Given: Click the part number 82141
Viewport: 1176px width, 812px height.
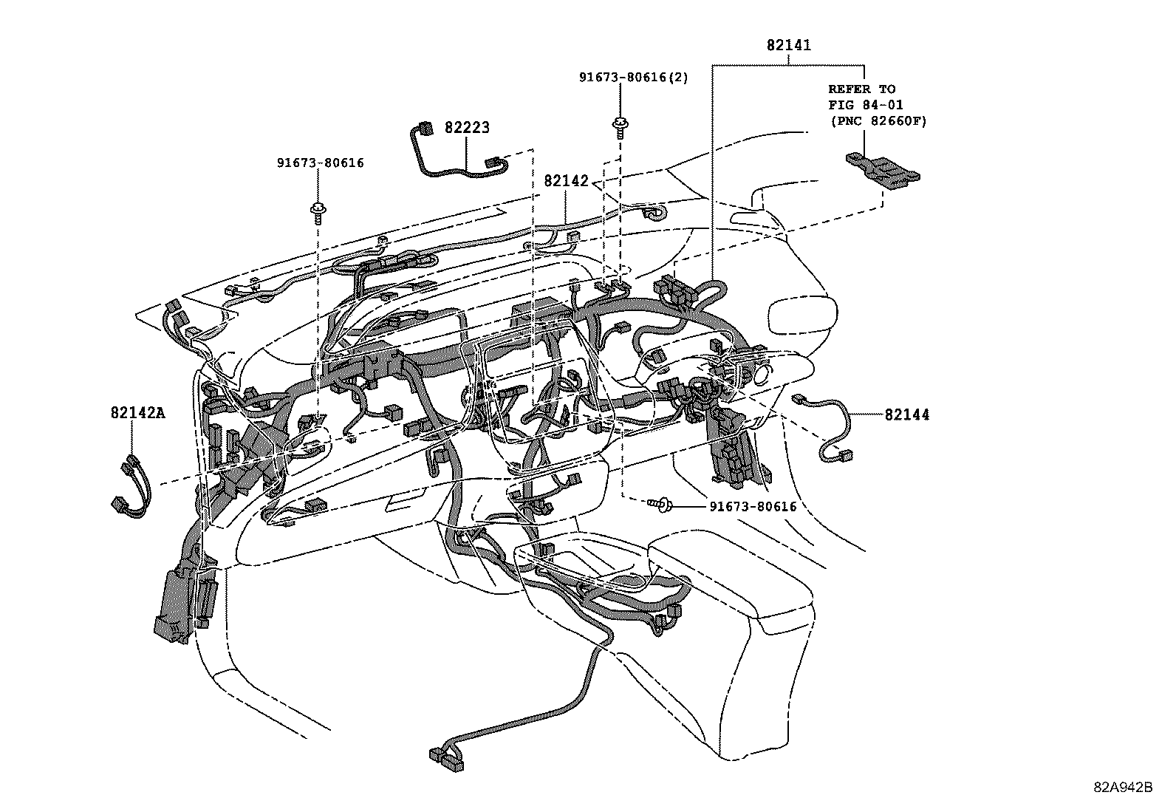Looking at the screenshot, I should tap(788, 45).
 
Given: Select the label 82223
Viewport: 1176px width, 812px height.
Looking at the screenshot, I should tap(467, 127).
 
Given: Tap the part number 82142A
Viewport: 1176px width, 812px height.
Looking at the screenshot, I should tap(138, 413).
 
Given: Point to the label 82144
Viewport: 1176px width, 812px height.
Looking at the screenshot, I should tap(907, 415).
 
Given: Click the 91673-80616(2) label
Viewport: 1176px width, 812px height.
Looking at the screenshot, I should tap(633, 78).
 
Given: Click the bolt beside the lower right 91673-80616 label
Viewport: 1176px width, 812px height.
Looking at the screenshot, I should tap(661, 505).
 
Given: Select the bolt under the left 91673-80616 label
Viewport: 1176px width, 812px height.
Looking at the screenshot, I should tap(318, 211).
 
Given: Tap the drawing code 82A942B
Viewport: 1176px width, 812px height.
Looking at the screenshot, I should tap(1123, 787).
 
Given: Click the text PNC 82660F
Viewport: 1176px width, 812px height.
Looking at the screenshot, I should tap(878, 120).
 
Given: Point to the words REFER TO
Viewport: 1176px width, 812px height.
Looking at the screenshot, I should tap(861, 89).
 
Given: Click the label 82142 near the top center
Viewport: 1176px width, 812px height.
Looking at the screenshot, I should tap(567, 181).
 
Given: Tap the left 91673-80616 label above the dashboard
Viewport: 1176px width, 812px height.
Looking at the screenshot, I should tap(321, 163).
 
